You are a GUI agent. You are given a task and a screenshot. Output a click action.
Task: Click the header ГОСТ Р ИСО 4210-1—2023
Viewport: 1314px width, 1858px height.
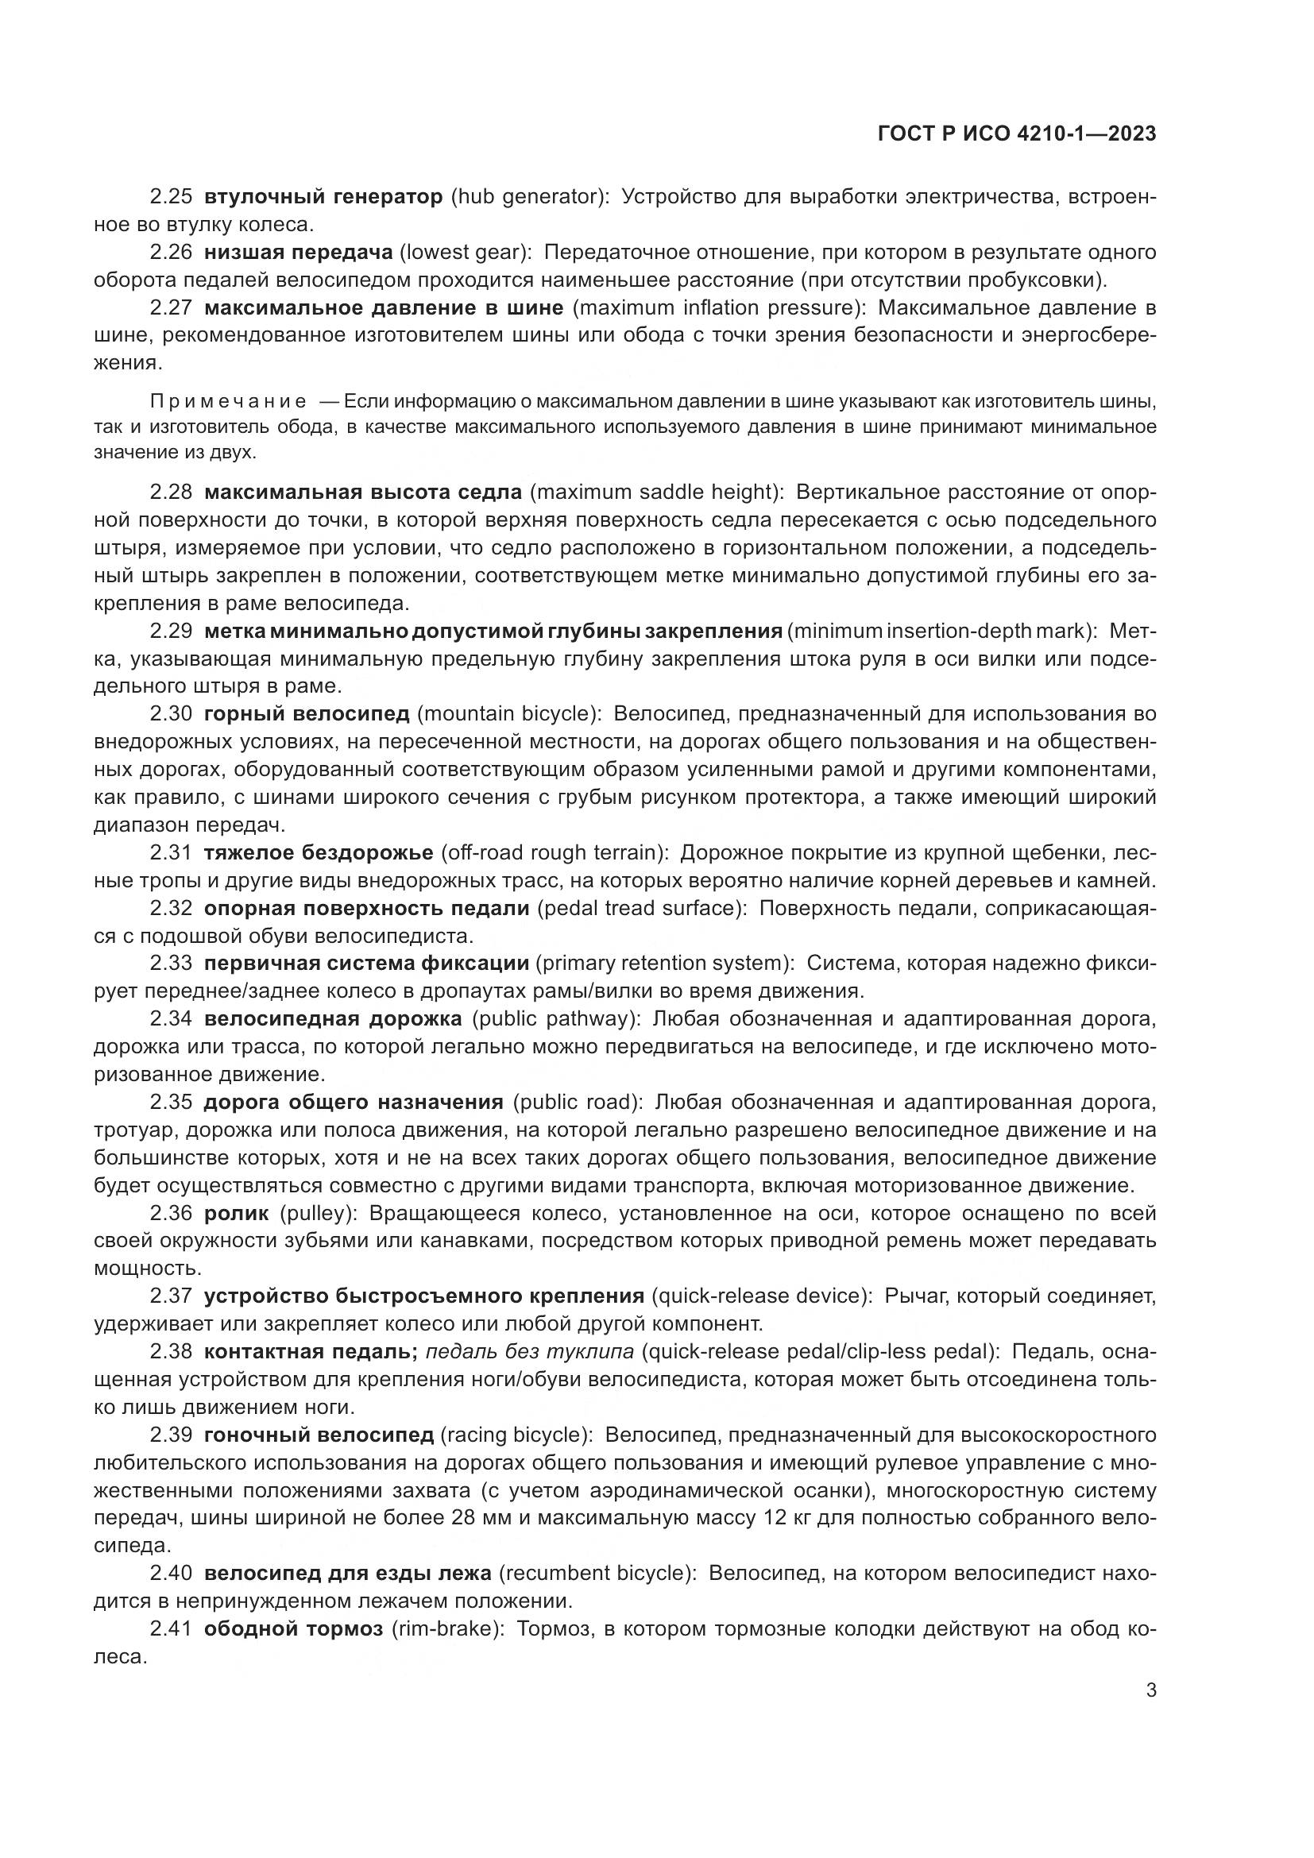[x=1016, y=134]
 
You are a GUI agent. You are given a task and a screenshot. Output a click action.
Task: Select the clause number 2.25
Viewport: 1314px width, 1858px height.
[x=171, y=197]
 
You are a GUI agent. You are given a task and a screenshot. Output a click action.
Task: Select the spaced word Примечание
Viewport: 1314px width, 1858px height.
[x=228, y=402]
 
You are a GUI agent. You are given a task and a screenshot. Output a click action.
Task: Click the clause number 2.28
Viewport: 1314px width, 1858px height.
[x=171, y=492]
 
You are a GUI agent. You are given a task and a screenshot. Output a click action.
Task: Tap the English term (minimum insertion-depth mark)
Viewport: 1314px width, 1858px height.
[x=942, y=631]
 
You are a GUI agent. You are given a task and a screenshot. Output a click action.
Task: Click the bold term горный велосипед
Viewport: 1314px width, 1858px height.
[x=307, y=714]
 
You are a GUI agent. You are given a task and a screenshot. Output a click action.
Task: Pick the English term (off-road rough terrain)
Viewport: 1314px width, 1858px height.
[x=555, y=853]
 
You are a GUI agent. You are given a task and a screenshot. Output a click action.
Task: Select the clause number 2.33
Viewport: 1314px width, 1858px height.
[x=171, y=963]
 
